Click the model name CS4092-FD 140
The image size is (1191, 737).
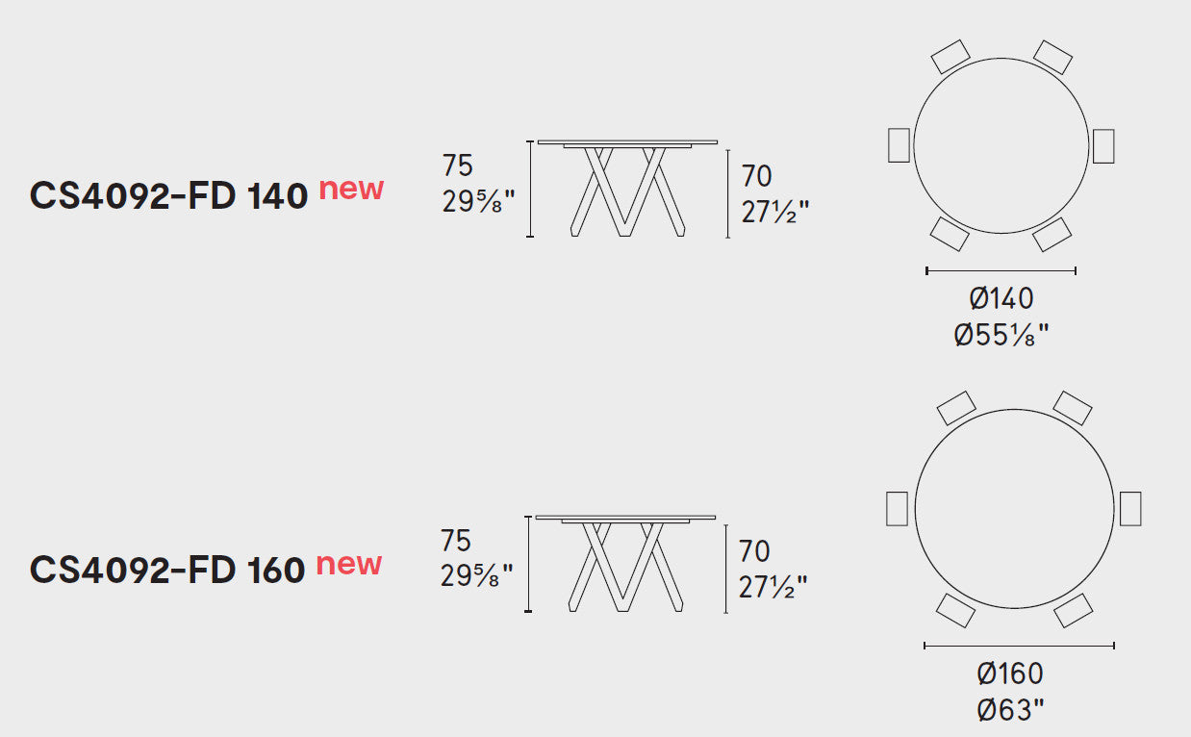tap(168, 195)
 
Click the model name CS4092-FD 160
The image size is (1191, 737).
tap(167, 570)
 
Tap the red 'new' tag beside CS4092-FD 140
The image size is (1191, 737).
tap(351, 190)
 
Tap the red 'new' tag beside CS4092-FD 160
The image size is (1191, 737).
tap(349, 564)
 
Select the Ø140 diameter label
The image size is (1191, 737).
tap(1001, 298)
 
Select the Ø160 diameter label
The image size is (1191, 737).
tap(1010, 673)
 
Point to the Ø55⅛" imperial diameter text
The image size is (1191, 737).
tap(1001, 335)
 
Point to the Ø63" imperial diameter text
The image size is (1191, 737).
tap(1010, 710)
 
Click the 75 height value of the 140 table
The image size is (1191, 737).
tap(457, 165)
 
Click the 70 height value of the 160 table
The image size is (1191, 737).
tap(754, 551)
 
